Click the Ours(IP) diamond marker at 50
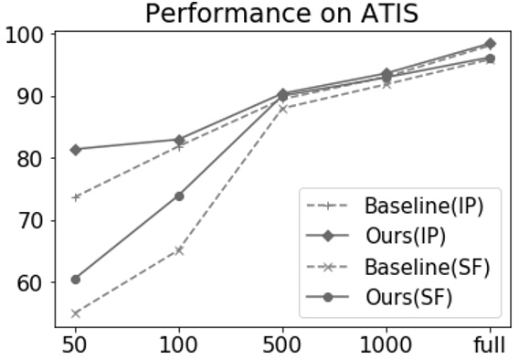pos(76,149)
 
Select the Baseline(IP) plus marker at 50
pos(76,197)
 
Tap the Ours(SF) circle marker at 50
pos(76,279)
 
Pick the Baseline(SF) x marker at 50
pos(76,313)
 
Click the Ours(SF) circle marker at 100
pos(179,196)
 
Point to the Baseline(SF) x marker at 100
pos(179,249)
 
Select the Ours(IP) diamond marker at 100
pos(179,140)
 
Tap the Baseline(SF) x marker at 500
pos(282,109)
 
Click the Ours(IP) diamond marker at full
pos(490,44)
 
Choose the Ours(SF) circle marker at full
pos(490,58)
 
